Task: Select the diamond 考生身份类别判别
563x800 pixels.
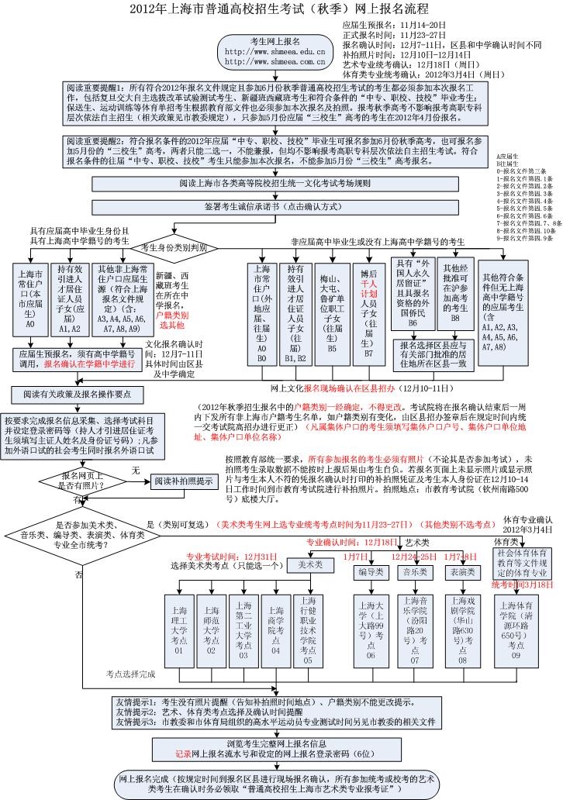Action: coord(169,248)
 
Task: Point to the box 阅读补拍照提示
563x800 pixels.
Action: coord(182,481)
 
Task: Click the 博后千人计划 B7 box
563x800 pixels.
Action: coord(368,318)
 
